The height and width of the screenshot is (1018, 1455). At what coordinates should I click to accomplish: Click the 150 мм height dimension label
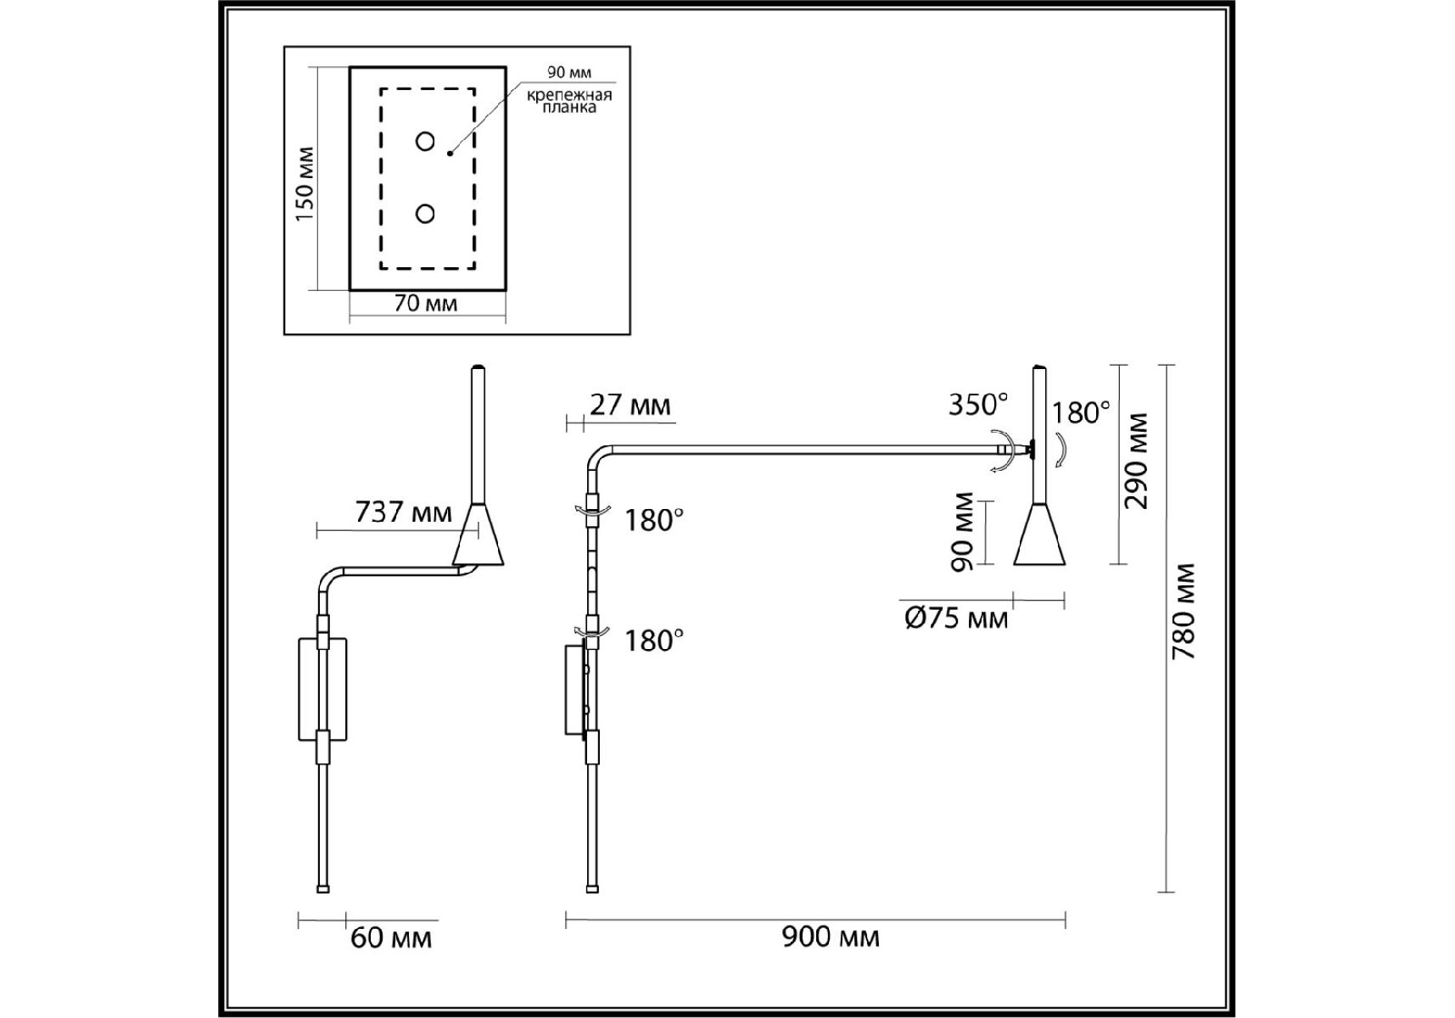pos(305,184)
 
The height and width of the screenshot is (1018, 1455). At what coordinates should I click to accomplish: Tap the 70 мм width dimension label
pos(426,304)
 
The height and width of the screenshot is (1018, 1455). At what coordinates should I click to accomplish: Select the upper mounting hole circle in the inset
pos(425,142)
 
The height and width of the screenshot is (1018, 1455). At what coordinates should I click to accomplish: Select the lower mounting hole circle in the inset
pos(425,214)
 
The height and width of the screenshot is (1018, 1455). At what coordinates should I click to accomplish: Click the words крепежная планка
pos(569,101)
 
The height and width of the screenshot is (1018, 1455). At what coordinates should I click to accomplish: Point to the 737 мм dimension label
pos(404,512)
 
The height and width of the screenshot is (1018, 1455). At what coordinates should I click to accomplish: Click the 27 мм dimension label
pos(630,406)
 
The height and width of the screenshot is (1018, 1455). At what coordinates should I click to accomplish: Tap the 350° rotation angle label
pos(978,405)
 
